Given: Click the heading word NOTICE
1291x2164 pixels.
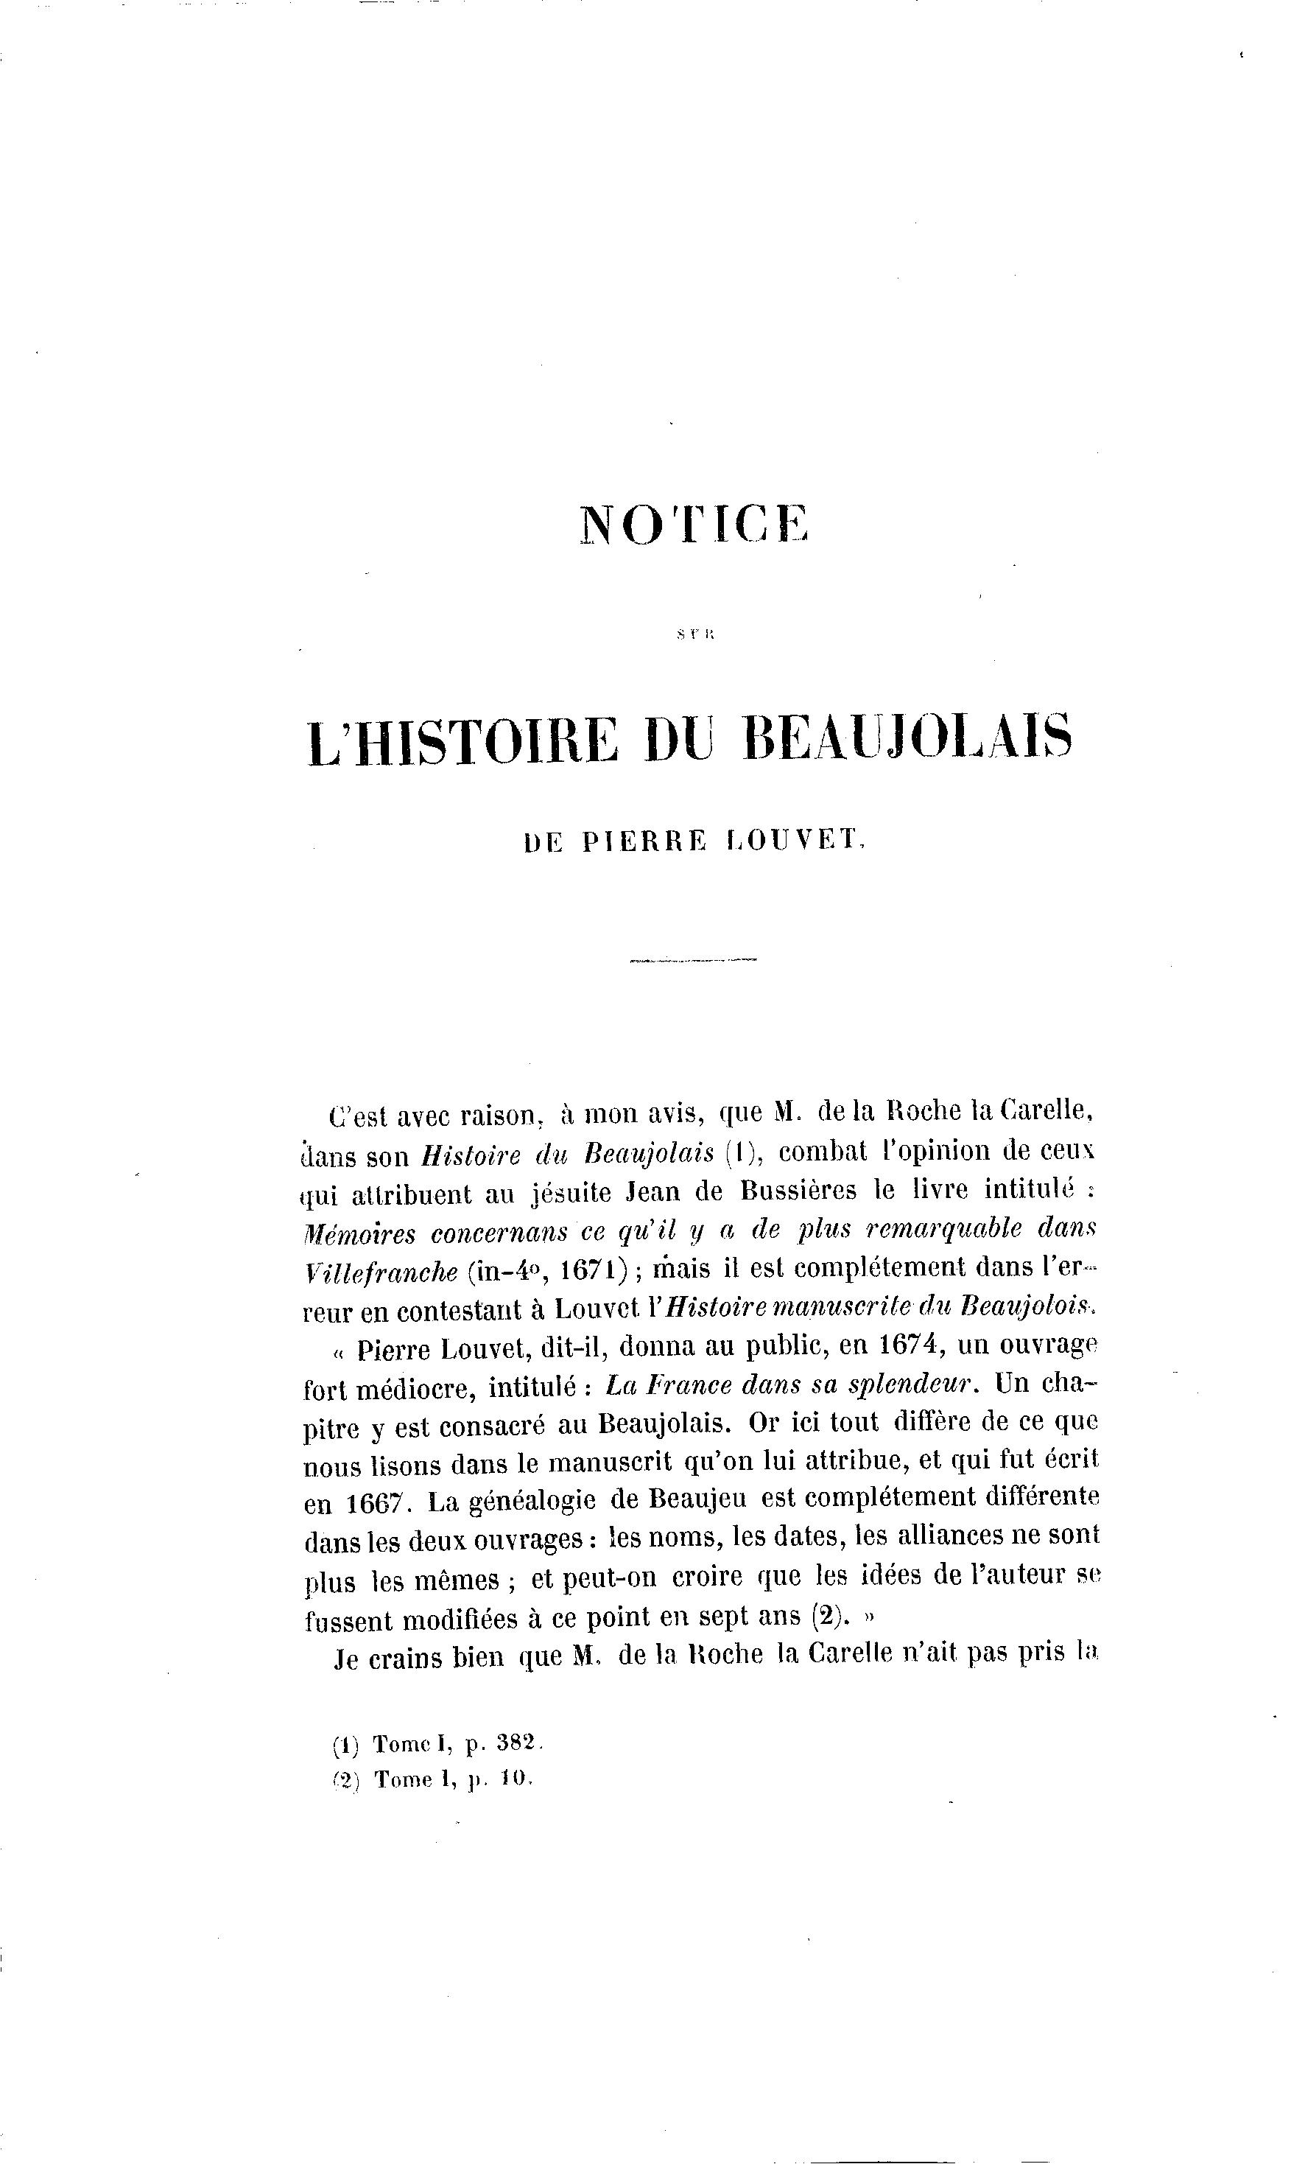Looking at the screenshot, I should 693,524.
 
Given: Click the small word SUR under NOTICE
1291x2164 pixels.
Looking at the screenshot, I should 693,635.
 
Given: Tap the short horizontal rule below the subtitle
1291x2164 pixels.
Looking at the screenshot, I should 693,960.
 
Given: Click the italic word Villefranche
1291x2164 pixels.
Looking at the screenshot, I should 382,1271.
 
